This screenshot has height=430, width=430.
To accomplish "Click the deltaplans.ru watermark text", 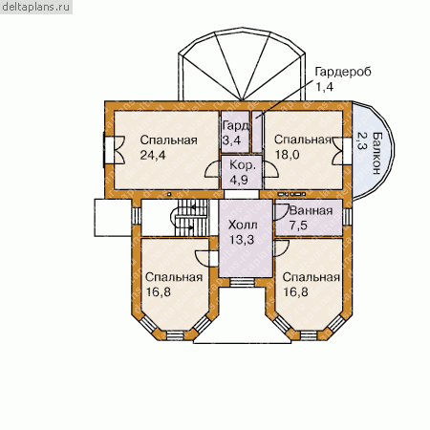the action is click(35, 7).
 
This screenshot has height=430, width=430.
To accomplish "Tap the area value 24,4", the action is click(153, 155).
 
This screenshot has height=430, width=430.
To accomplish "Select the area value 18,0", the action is click(287, 155).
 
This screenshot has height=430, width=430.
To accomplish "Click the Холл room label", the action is click(243, 225).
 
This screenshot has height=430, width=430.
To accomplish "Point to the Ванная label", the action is click(311, 210).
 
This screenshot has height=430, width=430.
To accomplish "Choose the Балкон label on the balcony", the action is click(377, 153).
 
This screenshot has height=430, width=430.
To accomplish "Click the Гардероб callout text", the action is click(343, 72).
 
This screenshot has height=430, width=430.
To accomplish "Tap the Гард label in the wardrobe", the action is click(236, 126).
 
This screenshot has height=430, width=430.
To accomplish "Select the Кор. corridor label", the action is click(243, 165).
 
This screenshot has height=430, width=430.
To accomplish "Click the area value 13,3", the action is click(242, 240).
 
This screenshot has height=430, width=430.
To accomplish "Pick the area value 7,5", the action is click(298, 226).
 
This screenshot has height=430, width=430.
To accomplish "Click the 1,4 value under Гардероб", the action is click(324, 87).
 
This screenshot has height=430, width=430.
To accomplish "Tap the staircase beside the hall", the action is click(190, 218).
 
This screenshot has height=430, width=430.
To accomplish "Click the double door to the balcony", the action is click(337, 151).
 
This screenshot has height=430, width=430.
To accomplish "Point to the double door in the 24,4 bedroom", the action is click(118, 150).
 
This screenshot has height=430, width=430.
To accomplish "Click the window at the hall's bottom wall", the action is click(242, 282).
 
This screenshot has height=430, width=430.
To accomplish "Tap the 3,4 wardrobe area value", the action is click(231, 140).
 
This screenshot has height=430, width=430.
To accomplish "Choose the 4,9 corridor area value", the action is click(239, 180).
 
